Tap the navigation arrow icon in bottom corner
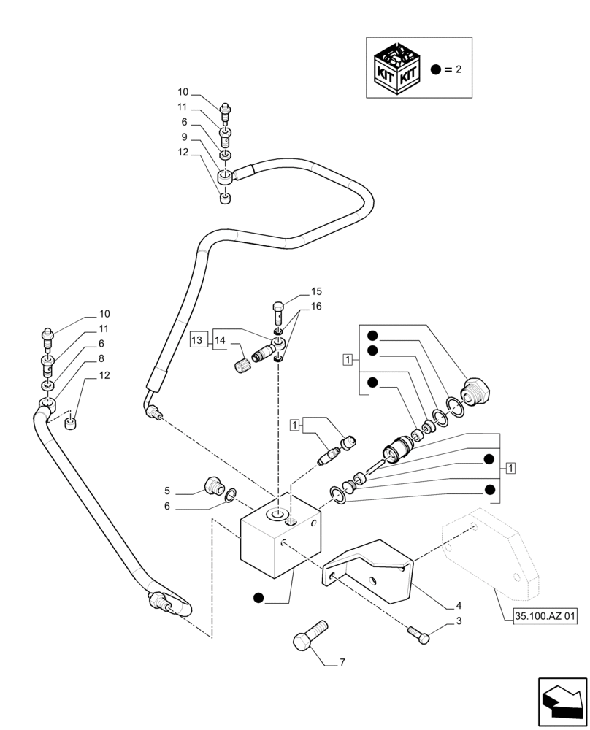click(562, 702)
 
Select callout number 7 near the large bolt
click(342, 663)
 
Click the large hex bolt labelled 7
click(307, 636)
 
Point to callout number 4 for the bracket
click(458, 604)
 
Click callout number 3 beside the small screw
click(458, 621)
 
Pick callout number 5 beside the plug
click(166, 491)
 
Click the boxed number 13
click(197, 339)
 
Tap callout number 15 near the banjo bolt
click(315, 291)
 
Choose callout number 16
click(315, 307)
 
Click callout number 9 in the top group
click(184, 137)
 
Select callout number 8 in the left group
click(101, 358)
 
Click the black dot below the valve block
click(258, 599)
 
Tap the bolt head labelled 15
click(277, 307)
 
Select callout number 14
click(220, 339)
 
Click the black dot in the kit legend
click(436, 69)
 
